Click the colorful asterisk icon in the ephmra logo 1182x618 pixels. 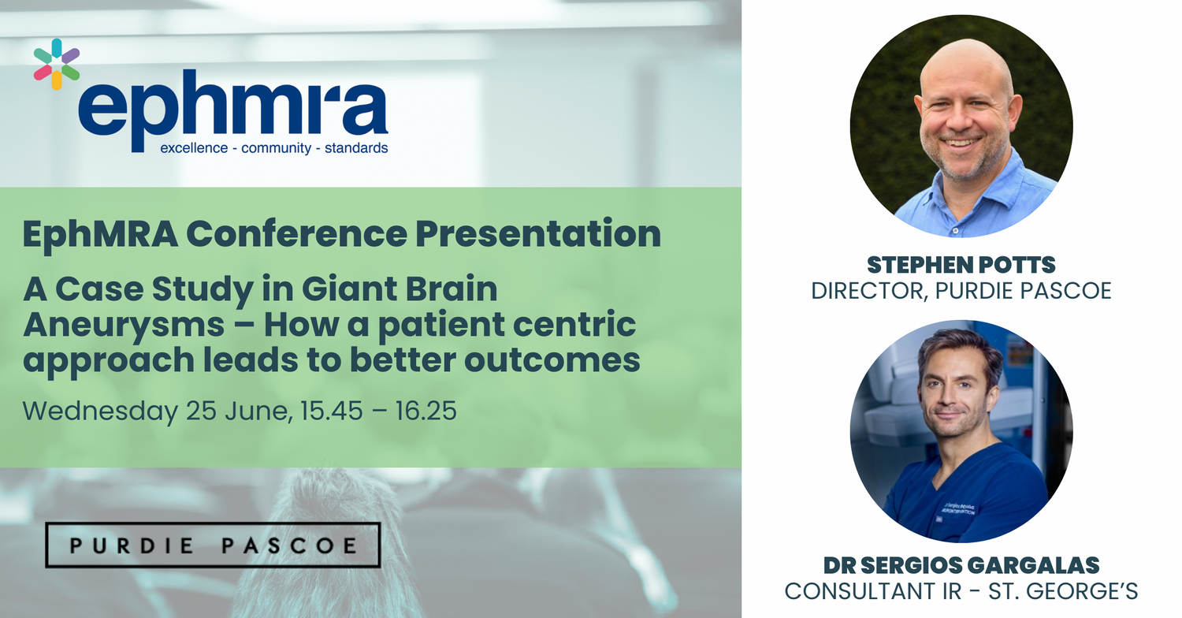(x=56, y=64)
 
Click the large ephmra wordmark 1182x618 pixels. (x=232, y=107)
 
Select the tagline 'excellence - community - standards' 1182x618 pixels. (x=273, y=147)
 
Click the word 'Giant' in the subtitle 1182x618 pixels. (x=354, y=289)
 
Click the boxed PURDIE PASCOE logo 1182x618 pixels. (x=212, y=545)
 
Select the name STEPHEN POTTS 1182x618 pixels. (x=961, y=265)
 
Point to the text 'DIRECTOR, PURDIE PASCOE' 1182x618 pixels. (x=961, y=290)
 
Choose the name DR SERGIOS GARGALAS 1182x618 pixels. (x=961, y=565)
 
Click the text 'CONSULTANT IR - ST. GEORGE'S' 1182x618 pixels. (x=961, y=590)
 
